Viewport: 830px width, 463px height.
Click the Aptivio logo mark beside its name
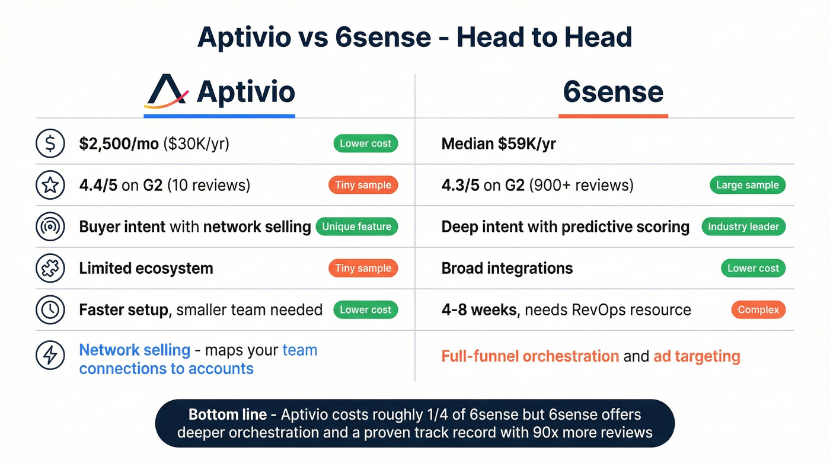166,92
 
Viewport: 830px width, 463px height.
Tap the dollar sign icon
50,143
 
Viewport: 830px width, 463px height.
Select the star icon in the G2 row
50,186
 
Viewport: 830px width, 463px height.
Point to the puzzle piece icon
50,269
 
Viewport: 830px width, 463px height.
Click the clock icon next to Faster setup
50,309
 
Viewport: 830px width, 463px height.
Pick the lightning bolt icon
50,355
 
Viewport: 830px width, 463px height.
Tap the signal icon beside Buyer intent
50,227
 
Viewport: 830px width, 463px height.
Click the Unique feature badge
356,226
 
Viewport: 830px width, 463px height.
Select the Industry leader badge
743,226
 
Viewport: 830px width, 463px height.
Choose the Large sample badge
747,185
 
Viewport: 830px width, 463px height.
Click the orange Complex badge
758,309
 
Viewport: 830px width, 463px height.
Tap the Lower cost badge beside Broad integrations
753,268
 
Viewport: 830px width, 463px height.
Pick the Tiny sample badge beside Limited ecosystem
363,268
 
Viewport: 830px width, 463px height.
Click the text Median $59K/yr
499,144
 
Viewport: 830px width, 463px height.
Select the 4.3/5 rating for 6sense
460,186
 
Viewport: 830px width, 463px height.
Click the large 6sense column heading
613,92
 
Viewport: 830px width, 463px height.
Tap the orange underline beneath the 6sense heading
613,116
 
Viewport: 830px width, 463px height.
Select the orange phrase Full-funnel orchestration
530,356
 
